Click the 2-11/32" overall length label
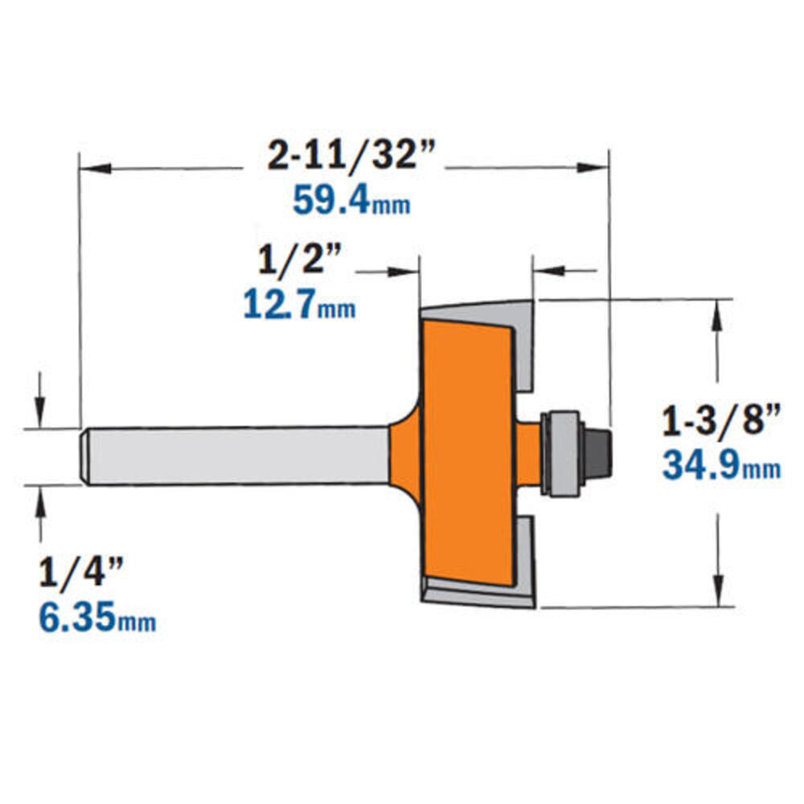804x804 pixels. click(352, 154)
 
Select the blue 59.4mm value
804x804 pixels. click(352, 200)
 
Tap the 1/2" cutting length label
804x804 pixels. click(300, 259)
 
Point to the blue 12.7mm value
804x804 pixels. click(299, 305)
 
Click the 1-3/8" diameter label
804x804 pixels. click(722, 419)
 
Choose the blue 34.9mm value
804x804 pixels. click(722, 465)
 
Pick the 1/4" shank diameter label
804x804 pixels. click(81, 572)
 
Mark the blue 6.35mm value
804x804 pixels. click(98, 617)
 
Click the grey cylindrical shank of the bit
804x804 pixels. click(236, 455)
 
